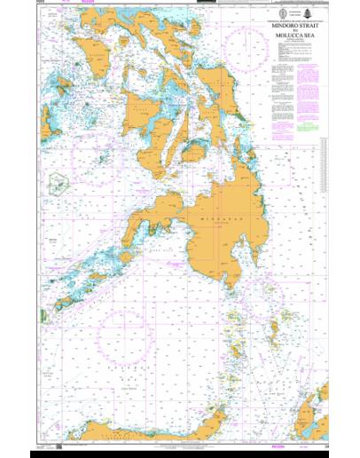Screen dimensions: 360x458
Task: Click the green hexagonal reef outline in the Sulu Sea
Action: [x=60, y=184]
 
